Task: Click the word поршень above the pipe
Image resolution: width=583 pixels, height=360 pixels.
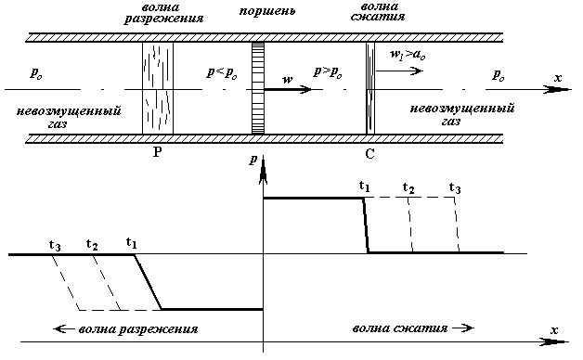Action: (266, 11)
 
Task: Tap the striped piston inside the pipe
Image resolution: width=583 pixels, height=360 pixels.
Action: (258, 88)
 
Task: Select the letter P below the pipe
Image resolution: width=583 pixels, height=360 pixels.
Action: (157, 152)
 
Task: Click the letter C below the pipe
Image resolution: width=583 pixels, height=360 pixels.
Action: (369, 153)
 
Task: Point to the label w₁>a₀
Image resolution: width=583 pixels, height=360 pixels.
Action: (408, 55)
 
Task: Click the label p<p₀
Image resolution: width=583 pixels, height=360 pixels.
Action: (222, 73)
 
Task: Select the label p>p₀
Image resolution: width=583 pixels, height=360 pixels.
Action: (327, 72)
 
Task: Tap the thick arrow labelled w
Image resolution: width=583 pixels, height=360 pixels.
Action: (288, 89)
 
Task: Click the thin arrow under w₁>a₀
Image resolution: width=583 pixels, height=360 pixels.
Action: (399, 71)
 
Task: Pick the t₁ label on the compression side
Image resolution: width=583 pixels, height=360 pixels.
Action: (364, 186)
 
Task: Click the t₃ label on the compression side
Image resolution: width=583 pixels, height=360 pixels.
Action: (455, 188)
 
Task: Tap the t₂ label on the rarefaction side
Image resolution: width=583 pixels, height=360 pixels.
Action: (92, 244)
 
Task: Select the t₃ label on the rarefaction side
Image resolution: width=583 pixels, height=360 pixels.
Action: (55, 246)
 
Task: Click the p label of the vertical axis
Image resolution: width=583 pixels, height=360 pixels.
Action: (253, 160)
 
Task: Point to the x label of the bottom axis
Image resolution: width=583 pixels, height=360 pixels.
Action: (554, 330)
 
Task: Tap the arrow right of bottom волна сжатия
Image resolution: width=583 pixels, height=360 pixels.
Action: (463, 328)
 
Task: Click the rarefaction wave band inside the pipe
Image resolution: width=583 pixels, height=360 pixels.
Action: (158, 88)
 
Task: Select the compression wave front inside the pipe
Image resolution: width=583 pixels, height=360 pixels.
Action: (370, 88)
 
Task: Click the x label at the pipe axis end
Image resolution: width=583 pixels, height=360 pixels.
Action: (558, 78)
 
